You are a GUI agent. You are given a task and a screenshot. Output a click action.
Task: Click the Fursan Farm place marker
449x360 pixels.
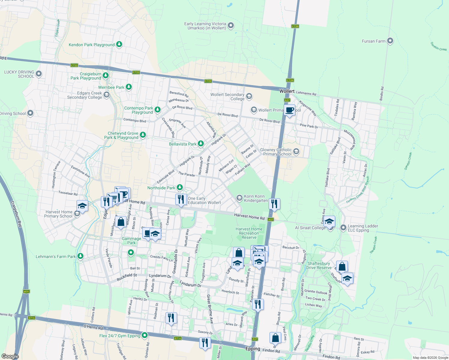(x=390, y=41)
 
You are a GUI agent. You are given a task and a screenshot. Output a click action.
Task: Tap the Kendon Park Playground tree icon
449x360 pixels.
(x=119, y=44)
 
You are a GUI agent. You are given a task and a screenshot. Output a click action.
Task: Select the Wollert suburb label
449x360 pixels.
(x=287, y=91)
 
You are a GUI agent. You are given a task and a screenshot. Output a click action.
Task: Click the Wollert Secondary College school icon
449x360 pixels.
(x=249, y=96)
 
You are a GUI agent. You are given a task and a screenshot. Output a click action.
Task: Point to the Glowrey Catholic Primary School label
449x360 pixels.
(x=276, y=152)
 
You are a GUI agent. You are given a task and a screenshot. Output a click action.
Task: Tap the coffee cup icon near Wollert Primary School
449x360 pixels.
(x=290, y=110)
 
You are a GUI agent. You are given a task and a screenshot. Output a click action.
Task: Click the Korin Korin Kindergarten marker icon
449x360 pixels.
(x=239, y=198)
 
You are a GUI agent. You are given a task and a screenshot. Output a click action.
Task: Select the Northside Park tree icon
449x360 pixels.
(x=180, y=187)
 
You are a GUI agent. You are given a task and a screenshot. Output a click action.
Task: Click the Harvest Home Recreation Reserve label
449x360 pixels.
(x=249, y=233)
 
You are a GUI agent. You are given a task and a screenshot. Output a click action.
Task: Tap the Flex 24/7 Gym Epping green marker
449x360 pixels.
(x=145, y=335)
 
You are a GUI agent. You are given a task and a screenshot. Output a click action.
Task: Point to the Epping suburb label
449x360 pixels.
(x=253, y=349)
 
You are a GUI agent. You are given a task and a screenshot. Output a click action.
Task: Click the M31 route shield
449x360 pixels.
(x=26, y=292)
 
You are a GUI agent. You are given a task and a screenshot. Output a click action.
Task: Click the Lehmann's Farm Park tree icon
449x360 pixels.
(x=80, y=256)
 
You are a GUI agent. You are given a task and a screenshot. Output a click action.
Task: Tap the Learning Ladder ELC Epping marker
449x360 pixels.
(x=343, y=228)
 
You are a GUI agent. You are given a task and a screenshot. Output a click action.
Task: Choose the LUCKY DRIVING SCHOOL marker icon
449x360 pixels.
(x=39, y=73)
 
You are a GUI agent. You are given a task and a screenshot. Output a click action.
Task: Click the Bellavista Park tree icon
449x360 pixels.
(x=201, y=144)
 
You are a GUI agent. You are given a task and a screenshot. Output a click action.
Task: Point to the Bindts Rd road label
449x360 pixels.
(x=382, y=94)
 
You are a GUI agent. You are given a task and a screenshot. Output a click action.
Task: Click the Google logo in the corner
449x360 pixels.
(x=10, y=356)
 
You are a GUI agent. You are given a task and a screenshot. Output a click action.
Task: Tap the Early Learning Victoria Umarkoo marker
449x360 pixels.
(x=231, y=25)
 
